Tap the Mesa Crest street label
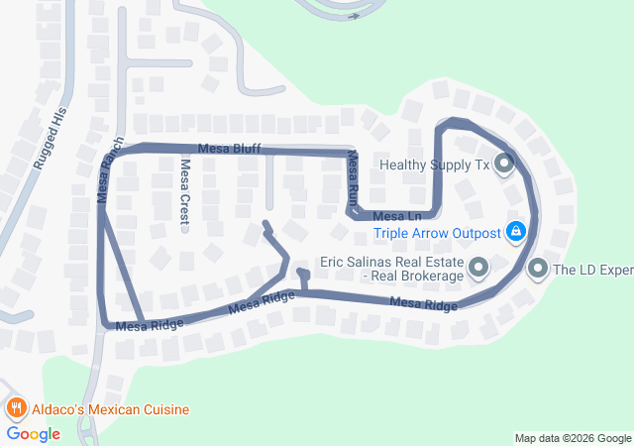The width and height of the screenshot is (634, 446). click(184, 187)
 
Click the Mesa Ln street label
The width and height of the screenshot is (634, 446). click(397, 215)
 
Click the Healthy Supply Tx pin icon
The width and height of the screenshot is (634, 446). click(504, 164)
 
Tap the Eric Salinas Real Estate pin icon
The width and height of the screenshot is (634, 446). click(478, 268)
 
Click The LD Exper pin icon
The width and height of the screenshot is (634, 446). click(538, 268)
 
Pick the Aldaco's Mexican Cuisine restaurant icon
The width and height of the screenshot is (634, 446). click(16, 408)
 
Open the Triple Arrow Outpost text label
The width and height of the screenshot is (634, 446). click(436, 235)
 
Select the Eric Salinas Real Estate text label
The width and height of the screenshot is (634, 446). click(392, 269)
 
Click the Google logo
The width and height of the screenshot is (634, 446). click(33, 434)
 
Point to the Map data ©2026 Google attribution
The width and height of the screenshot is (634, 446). click(572, 438)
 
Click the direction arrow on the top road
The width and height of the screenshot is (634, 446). click(354, 15)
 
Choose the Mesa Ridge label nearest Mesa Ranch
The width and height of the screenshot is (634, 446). click(150, 323)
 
